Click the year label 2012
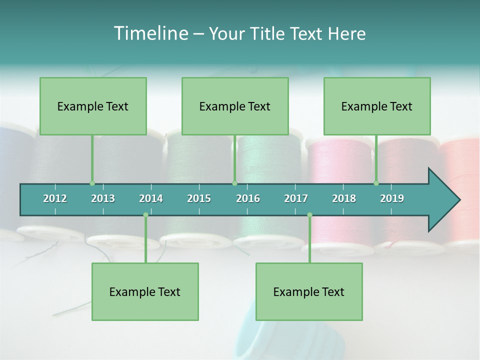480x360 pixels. (x=55, y=198)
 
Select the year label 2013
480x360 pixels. (x=103, y=198)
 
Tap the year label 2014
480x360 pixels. (x=151, y=198)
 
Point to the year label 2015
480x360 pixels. (x=199, y=198)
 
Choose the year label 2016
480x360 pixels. (x=248, y=198)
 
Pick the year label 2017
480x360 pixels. (x=296, y=198)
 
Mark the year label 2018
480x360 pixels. (x=344, y=198)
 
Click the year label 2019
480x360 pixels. (x=392, y=198)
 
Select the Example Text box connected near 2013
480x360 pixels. (x=93, y=106)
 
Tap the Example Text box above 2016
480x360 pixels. (x=235, y=106)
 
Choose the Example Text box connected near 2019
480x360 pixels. (x=377, y=106)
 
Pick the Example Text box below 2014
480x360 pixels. (x=145, y=292)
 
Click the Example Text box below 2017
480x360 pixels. (x=309, y=292)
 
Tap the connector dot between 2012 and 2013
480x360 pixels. (x=92, y=183)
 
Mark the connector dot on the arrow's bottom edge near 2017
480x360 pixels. (x=309, y=215)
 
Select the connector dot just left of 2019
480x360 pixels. (x=376, y=183)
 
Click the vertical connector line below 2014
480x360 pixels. (x=145, y=240)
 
